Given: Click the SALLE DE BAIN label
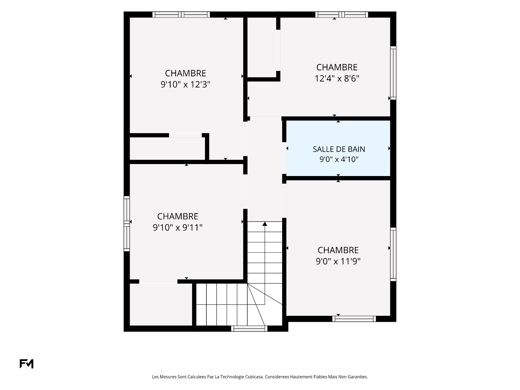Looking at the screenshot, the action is coord(339,149).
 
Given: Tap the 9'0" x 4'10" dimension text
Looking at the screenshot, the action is coord(339,159).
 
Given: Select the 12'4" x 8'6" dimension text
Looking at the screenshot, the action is coord(337,79).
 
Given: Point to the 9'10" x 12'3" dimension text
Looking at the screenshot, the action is coord(186,85).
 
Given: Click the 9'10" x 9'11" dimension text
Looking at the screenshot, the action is coord(178,228).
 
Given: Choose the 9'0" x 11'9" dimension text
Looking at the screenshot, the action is coord(338,262).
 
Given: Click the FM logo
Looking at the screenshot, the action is coord(27,364).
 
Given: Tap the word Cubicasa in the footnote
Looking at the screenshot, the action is coord(254,377).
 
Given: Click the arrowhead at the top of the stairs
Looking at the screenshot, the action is coord(265,224).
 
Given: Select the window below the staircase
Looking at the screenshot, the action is coord(249,329).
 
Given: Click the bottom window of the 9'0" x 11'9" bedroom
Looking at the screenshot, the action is coord(354,319).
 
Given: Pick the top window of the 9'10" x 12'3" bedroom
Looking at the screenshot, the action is coord(181,15).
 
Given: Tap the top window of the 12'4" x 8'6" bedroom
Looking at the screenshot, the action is coord(342,15).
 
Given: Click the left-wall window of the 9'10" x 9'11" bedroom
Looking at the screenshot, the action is coord(127,224).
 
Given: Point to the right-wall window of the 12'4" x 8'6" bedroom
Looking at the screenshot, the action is coord(393,73).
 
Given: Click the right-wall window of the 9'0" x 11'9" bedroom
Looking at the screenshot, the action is coord(393,255).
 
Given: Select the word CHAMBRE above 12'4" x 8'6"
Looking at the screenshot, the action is coord(337,67).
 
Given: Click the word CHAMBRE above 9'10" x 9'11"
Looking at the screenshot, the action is coord(178,216).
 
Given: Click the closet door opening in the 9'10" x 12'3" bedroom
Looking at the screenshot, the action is coord(186,135).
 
